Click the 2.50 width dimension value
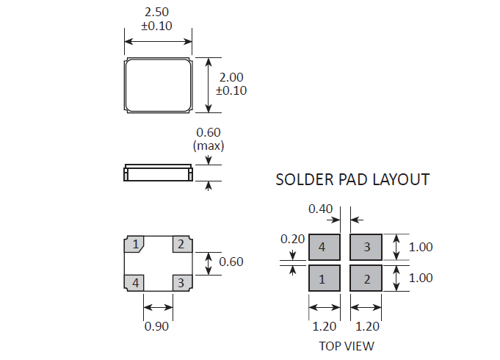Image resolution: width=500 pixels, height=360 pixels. point(156,12)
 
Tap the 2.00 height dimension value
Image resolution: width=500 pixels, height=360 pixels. point(231,77)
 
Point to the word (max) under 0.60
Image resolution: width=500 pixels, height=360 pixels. point(209,146)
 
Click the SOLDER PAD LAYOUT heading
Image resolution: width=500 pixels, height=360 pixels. point(352,179)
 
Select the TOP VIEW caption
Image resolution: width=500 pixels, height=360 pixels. point(347,346)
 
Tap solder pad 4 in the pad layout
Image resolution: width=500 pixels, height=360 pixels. point(325,247)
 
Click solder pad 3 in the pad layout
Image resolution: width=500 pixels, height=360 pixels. point(366,247)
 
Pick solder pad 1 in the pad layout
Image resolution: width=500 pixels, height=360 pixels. point(325,278)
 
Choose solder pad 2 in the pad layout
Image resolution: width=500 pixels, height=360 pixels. point(366,278)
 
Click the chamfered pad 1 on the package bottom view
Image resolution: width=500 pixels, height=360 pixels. point(134,244)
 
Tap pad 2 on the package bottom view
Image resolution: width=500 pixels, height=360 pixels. point(182,244)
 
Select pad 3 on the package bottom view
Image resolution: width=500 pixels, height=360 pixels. point(182,283)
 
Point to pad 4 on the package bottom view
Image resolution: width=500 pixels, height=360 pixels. point(134,283)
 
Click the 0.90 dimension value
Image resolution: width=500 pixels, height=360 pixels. point(156,326)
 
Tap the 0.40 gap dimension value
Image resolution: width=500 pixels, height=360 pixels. point(320,209)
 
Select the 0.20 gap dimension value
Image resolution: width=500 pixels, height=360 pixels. point(292,239)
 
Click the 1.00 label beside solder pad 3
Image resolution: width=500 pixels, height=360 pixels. point(421,247)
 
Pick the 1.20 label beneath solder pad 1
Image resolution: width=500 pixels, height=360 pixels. point(325,326)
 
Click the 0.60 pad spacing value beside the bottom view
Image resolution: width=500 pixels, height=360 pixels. point(231,262)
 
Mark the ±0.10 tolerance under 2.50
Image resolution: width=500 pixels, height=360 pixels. point(156,26)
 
